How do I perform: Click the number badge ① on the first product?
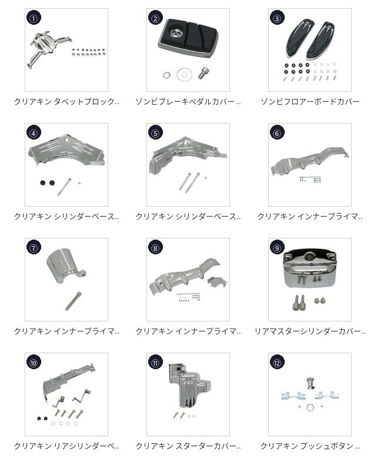click(x=34, y=18)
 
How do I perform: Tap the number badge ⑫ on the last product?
click(x=277, y=363)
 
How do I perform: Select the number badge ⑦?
click(x=34, y=248)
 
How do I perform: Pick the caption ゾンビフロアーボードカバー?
click(x=310, y=101)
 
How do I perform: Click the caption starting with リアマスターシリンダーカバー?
click(x=310, y=331)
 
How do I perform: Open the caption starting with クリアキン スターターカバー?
click(x=188, y=446)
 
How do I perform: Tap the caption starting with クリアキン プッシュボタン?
click(x=310, y=446)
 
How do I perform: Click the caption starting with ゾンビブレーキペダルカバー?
click(x=188, y=101)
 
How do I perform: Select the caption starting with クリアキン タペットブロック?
click(x=66, y=101)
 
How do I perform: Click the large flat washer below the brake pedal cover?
click(x=184, y=74)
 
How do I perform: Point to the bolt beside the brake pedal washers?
click(x=203, y=72)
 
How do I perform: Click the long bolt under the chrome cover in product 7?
click(x=74, y=301)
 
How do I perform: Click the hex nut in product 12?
click(x=310, y=407)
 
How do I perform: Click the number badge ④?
click(x=34, y=133)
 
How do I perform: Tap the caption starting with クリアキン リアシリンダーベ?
click(x=66, y=446)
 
